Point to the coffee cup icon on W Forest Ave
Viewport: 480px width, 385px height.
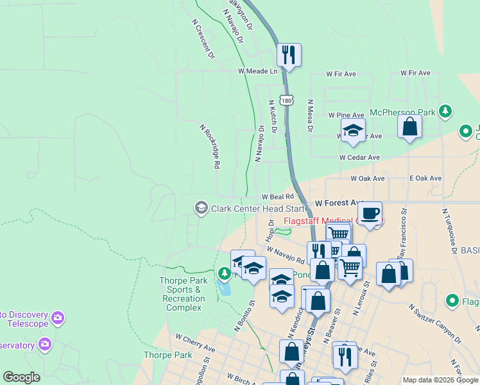point(369,213)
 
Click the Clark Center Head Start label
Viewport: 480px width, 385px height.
point(255,208)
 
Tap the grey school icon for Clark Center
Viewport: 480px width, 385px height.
point(201,207)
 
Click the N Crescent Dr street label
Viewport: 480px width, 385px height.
point(203,39)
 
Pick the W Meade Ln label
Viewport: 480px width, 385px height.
point(257,71)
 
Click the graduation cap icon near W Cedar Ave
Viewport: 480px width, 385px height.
point(352,132)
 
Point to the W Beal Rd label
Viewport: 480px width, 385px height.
point(277,196)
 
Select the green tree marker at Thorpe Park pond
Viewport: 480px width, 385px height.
point(224,274)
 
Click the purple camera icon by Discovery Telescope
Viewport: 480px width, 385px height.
point(58,318)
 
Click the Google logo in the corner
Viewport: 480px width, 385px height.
point(21,377)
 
